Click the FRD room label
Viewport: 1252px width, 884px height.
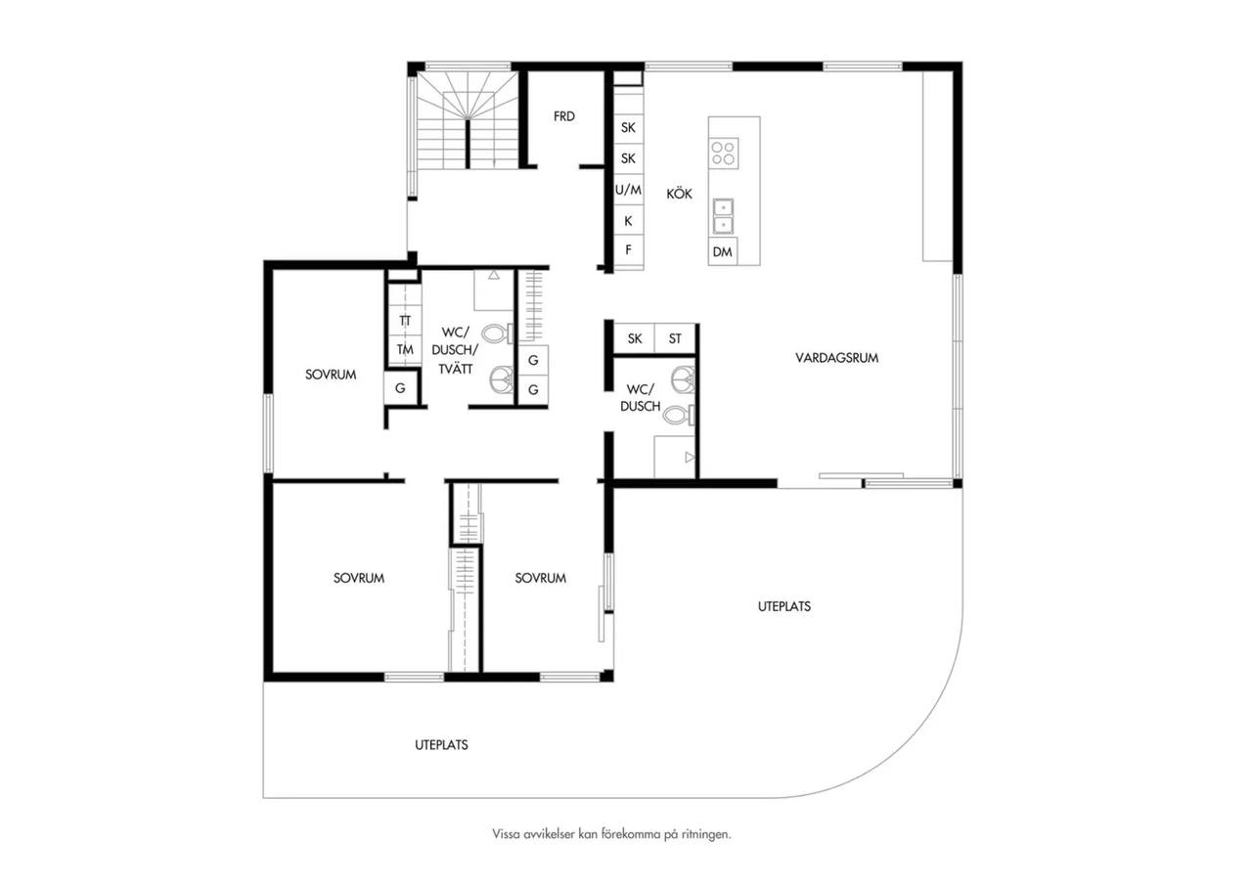(564, 116)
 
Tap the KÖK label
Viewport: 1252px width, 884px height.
(679, 194)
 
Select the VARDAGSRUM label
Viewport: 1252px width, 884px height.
(836, 358)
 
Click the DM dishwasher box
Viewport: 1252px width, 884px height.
(723, 252)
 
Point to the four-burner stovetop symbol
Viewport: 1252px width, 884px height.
(723, 154)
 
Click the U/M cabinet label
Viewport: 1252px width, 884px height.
(628, 190)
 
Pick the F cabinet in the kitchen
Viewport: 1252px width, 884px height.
(629, 249)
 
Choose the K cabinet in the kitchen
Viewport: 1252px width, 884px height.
(629, 221)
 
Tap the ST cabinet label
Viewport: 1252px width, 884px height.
(675, 338)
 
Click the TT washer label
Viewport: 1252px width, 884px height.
(405, 321)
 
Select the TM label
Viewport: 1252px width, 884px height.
(405, 350)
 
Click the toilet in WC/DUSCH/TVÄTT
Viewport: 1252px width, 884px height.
(498, 333)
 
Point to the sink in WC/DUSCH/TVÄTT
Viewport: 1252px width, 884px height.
(502, 380)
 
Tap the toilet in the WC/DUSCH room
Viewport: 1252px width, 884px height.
(680, 415)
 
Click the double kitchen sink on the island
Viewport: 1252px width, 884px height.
(723, 216)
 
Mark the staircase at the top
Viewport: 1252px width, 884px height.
(469, 120)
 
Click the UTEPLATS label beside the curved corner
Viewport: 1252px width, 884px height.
(784, 606)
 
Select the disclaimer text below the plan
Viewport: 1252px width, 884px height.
(611, 834)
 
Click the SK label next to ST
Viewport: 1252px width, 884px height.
(635, 338)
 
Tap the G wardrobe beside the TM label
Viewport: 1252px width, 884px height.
(400, 388)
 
